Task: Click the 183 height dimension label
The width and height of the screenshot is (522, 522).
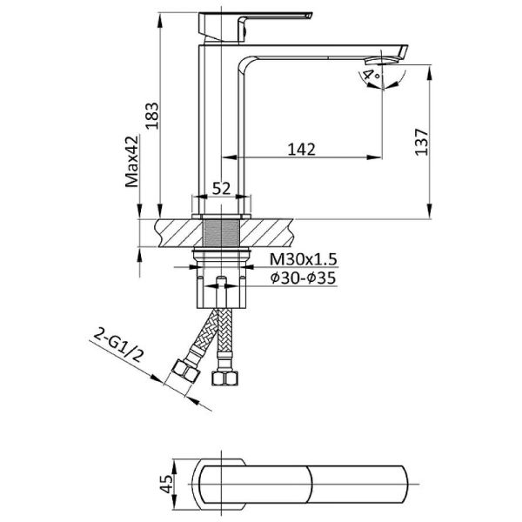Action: point(152,116)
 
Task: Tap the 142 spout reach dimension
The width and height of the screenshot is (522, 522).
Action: point(301,150)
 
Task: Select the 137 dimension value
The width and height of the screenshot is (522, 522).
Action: point(421,142)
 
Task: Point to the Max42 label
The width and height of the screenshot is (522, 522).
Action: point(132,162)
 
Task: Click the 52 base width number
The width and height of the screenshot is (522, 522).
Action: point(221,189)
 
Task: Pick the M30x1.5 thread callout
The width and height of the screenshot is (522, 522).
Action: point(304,259)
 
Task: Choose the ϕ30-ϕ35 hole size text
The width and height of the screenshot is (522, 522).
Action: point(303,278)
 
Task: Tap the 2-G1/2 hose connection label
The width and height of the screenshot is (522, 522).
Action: point(118,345)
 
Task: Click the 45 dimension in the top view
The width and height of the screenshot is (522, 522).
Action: point(166,484)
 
